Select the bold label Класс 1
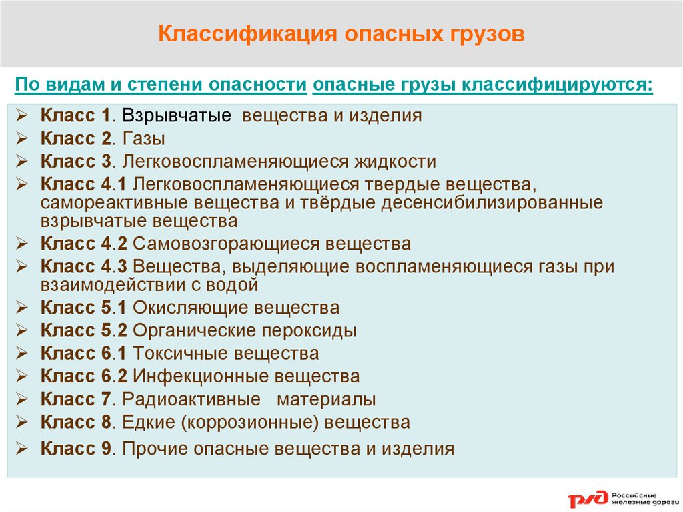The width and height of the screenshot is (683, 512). pyautogui.click(x=75, y=115)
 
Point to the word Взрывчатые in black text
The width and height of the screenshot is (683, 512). pyautogui.click(x=176, y=116)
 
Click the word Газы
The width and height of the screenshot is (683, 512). pyautogui.click(x=144, y=139)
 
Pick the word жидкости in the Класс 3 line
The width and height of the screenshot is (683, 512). pyautogui.click(x=395, y=162)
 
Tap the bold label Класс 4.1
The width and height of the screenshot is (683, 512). pyautogui.click(x=83, y=184)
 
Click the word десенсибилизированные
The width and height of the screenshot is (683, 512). pyautogui.click(x=492, y=203)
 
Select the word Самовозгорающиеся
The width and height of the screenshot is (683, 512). pyautogui.click(x=227, y=244)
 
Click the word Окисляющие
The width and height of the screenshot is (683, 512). pyautogui.click(x=190, y=308)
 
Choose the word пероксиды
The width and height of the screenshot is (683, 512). pyautogui.click(x=309, y=331)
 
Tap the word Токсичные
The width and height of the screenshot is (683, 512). pyautogui.click(x=180, y=353)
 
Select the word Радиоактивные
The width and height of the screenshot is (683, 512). pyautogui.click(x=191, y=399)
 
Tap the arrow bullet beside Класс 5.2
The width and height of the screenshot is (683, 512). pyautogui.click(x=22, y=330)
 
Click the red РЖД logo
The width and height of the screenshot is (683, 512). pyautogui.click(x=588, y=499)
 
